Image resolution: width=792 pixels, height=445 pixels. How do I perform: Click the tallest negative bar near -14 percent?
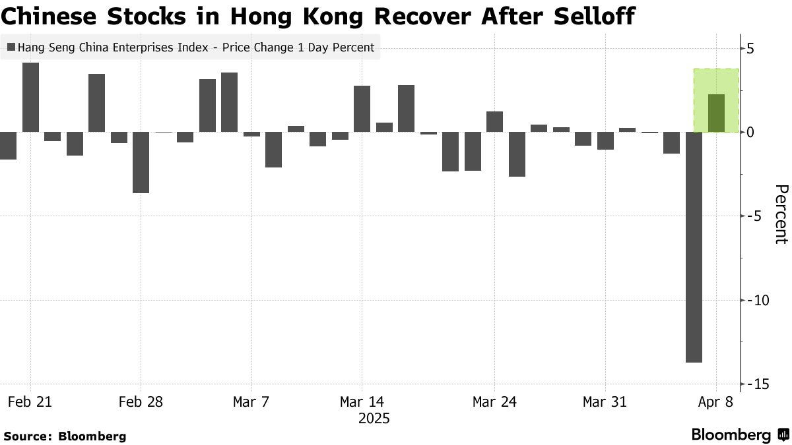pyautogui.click(x=694, y=247)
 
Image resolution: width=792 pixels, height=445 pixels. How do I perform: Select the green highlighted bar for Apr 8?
pyautogui.click(x=716, y=113)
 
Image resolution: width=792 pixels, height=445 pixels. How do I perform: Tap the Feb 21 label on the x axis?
pyautogui.click(x=30, y=401)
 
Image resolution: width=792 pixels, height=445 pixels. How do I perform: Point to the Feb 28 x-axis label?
pyautogui.click(x=140, y=401)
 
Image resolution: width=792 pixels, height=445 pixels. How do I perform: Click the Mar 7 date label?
pyautogui.click(x=251, y=401)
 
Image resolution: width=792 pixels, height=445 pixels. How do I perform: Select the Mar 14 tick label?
pyautogui.click(x=361, y=401)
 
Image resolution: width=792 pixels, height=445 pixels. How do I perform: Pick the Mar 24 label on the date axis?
pyautogui.click(x=494, y=401)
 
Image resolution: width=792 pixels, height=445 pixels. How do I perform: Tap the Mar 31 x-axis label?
pyautogui.click(x=605, y=401)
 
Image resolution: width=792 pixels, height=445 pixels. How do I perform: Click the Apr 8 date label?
pyautogui.click(x=715, y=401)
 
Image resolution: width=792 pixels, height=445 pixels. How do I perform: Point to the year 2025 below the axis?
pyautogui.click(x=374, y=419)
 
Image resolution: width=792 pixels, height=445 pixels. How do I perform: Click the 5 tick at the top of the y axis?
pyautogui.click(x=751, y=48)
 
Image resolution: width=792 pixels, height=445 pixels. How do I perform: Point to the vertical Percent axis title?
pyautogui.click(x=780, y=214)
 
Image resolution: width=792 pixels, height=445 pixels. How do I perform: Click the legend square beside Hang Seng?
pyautogui.click(x=11, y=47)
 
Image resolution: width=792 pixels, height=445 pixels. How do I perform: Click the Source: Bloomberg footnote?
pyautogui.click(x=65, y=436)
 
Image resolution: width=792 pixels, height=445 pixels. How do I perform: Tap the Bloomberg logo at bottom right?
pyautogui.click(x=739, y=435)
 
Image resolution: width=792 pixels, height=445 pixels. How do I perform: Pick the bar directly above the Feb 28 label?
pyautogui.click(x=141, y=162)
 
